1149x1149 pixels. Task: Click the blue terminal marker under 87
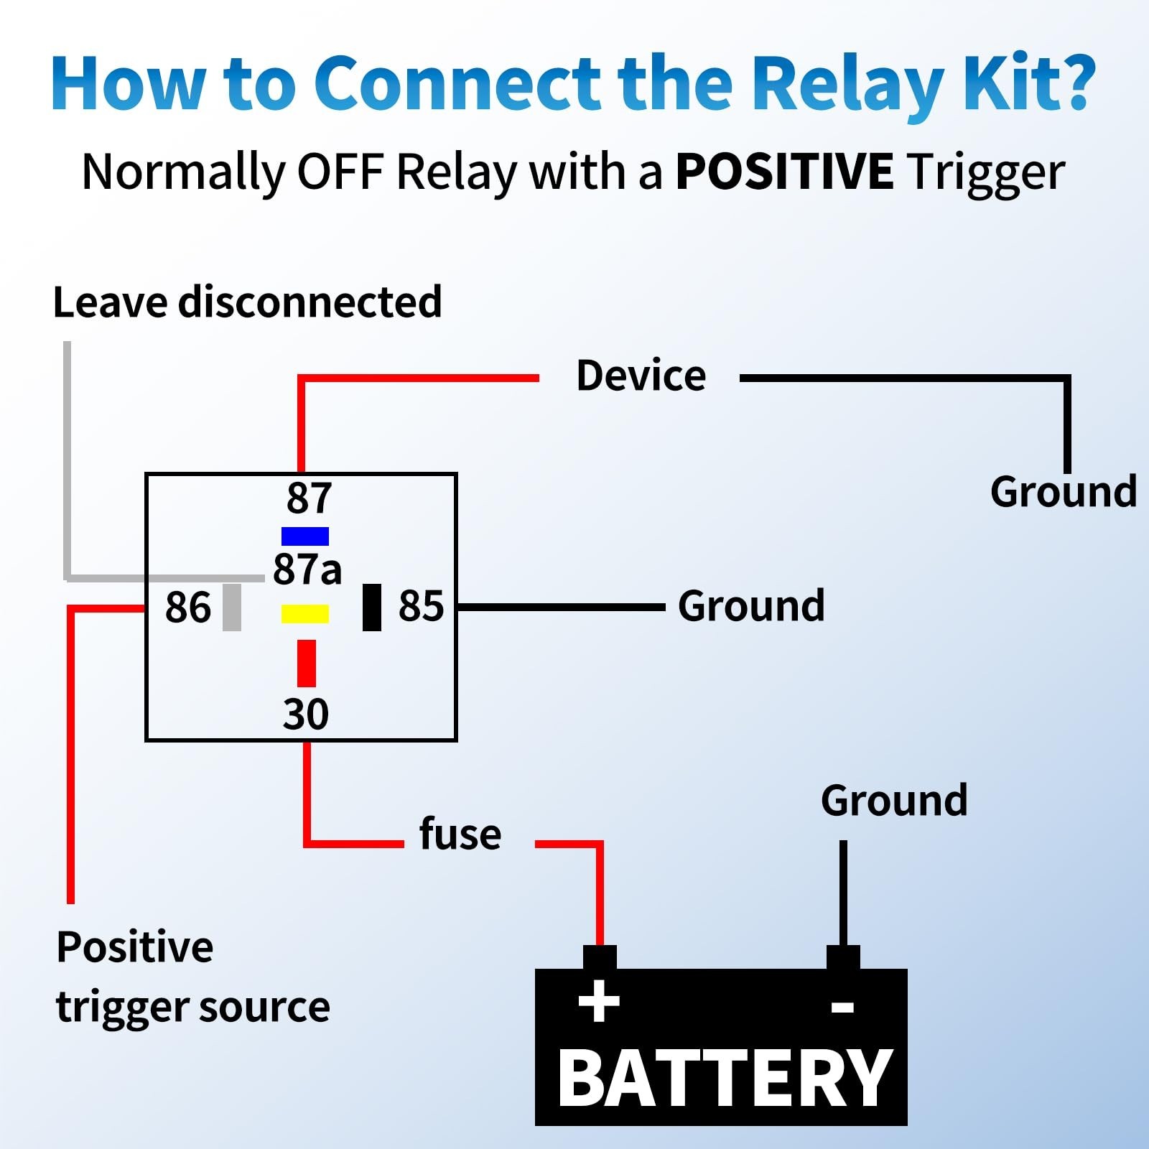point(305,536)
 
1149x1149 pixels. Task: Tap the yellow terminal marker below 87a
point(305,614)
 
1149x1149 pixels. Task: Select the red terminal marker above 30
point(307,663)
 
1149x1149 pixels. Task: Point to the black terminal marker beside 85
point(372,608)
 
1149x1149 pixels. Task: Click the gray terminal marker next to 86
point(232,608)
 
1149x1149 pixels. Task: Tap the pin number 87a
point(307,569)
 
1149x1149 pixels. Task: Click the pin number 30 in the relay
point(306,714)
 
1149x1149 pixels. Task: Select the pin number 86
point(188,608)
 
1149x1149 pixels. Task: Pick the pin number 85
point(422,606)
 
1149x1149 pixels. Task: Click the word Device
point(641,376)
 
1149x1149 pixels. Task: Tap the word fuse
point(460,834)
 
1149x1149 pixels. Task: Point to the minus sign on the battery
point(842,1007)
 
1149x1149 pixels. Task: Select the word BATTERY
point(724,1078)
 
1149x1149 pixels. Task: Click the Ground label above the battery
point(894,801)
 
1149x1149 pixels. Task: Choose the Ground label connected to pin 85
point(751,606)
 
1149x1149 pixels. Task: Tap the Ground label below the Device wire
point(1064,493)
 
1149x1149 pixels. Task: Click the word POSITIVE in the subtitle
point(784,172)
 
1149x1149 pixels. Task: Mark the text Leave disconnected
point(247,302)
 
